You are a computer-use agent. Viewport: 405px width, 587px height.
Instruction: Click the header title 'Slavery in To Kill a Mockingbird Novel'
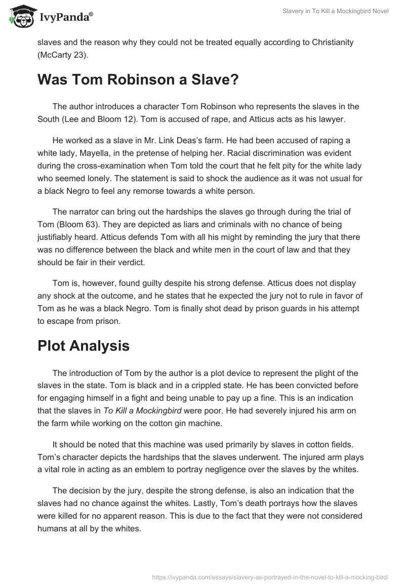[x=336, y=12]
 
